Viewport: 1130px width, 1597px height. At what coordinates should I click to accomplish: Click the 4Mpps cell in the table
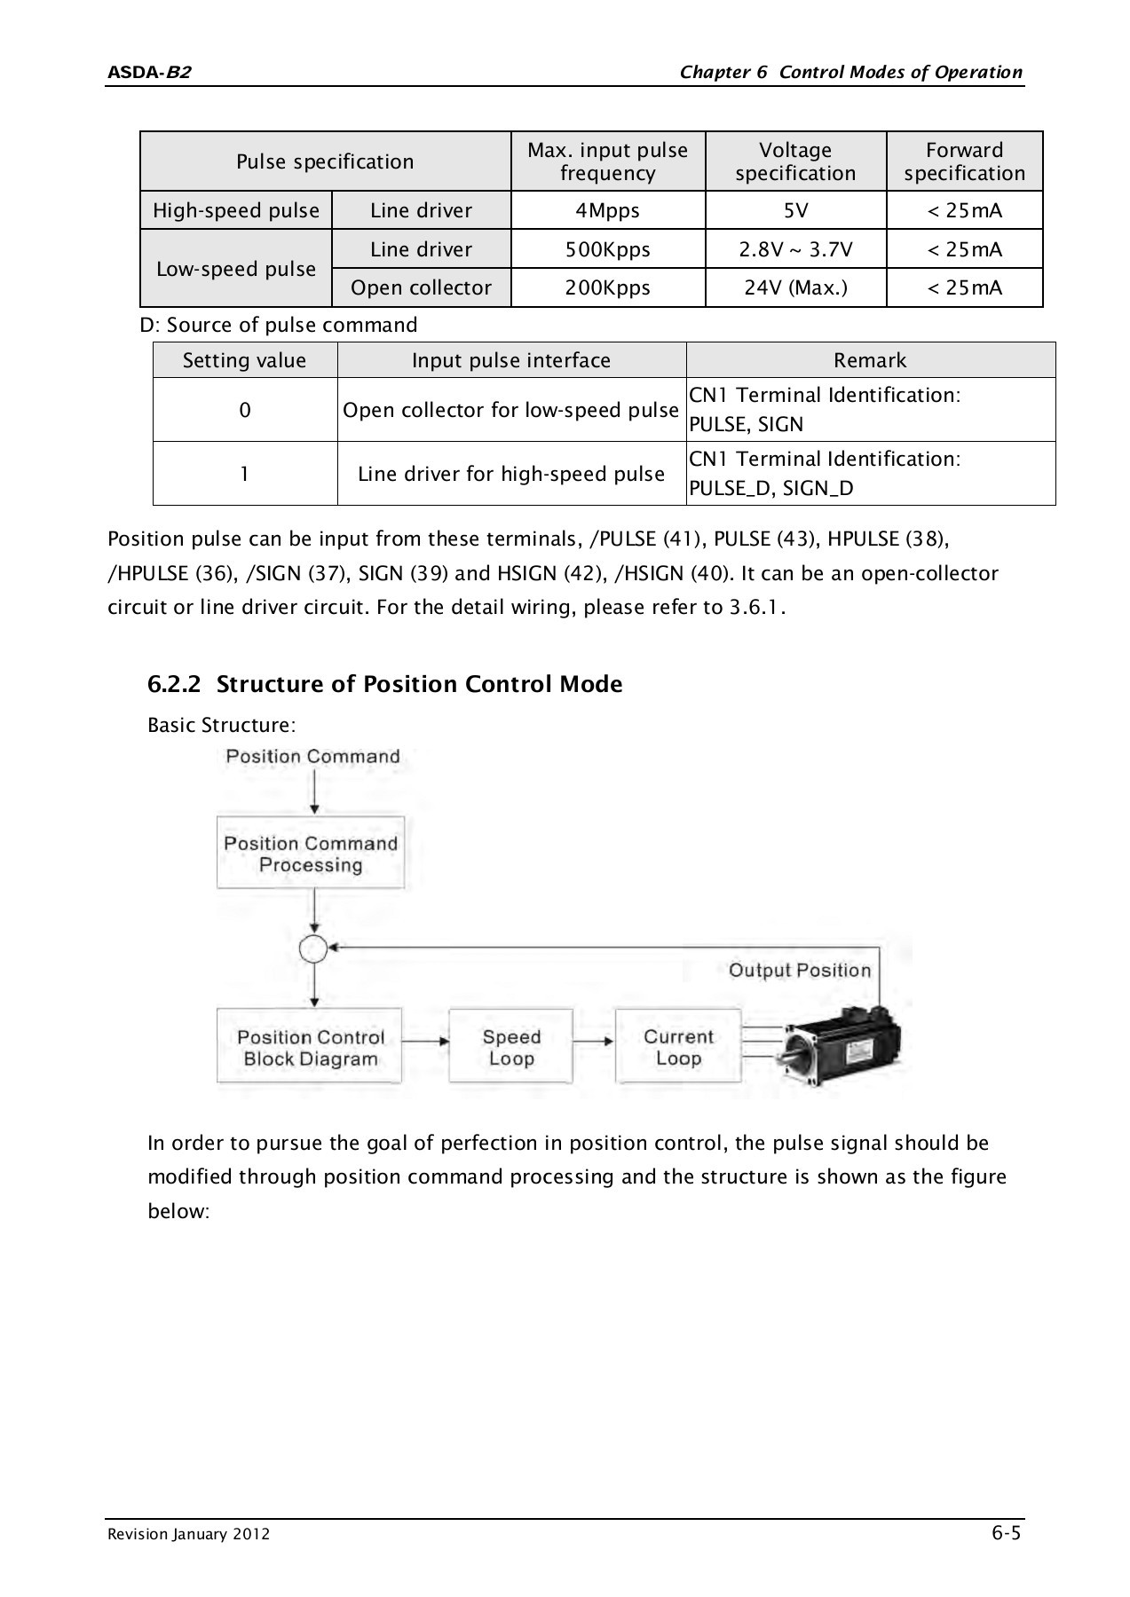[x=607, y=210]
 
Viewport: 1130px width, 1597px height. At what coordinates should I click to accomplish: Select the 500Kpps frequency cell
[x=607, y=249]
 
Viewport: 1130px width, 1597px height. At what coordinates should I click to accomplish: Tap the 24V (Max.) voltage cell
[x=795, y=287]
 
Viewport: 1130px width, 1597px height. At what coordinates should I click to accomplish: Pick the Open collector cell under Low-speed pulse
[x=421, y=287]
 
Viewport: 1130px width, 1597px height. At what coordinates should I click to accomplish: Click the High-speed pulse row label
[x=236, y=210]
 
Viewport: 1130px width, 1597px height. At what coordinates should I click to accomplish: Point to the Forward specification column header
[x=964, y=161]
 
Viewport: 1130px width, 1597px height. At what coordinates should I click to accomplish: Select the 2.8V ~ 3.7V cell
[x=795, y=249]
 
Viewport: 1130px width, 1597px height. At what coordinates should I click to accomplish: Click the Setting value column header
[x=244, y=360]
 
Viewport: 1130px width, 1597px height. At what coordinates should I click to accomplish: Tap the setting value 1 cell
[x=244, y=474]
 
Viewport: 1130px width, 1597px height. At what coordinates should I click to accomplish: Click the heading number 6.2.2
[x=174, y=684]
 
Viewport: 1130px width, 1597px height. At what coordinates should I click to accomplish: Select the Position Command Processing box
[x=311, y=854]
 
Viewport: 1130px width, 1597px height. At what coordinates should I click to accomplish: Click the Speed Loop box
[x=510, y=1047]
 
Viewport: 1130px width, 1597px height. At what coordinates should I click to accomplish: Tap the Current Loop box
[x=678, y=1047]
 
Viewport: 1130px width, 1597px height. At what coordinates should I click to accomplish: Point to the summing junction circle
[x=313, y=949]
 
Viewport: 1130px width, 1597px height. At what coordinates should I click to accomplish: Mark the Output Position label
[x=799, y=970]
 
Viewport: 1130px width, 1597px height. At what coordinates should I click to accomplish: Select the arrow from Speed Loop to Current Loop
[x=593, y=1042]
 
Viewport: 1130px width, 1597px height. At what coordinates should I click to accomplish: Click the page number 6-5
[x=1006, y=1533]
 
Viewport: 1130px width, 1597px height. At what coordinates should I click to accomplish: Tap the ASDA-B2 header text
[x=148, y=73]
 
